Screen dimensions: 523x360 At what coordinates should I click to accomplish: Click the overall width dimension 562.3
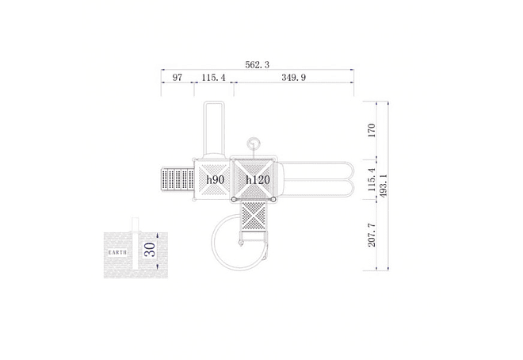click(x=257, y=65)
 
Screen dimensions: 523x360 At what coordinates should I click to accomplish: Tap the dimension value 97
click(x=178, y=78)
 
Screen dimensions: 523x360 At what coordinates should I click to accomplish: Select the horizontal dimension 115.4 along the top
click(x=213, y=78)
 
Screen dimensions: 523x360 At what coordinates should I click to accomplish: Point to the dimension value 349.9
click(x=293, y=78)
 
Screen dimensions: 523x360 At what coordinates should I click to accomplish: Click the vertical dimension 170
click(x=371, y=131)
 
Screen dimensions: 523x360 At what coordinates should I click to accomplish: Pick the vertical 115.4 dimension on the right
click(x=372, y=179)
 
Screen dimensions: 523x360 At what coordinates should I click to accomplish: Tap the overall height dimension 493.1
click(x=384, y=186)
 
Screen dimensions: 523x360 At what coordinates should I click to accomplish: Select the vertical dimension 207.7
click(x=372, y=236)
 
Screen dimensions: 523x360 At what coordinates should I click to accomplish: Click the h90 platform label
click(x=215, y=180)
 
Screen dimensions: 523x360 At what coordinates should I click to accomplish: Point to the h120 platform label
click(x=258, y=180)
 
